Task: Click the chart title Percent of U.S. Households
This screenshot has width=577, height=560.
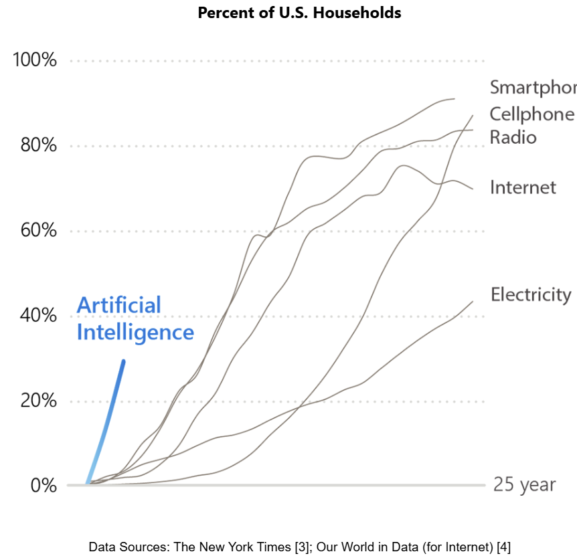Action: (299, 13)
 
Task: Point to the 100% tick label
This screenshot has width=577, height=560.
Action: (35, 60)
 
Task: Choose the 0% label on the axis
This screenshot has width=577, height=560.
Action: (45, 485)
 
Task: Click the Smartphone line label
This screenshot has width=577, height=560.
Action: (533, 88)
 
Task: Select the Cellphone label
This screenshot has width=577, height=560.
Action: (531, 114)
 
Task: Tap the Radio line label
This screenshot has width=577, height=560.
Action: (513, 137)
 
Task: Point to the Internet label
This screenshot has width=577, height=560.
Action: (523, 187)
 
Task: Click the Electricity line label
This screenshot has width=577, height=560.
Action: (531, 294)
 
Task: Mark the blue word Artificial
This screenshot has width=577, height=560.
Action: (119, 305)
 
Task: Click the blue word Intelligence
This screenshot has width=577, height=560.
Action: (135, 333)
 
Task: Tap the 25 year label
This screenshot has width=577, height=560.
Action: (524, 484)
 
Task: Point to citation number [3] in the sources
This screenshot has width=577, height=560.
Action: (302, 547)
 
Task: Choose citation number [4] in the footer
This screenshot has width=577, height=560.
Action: (503, 547)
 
